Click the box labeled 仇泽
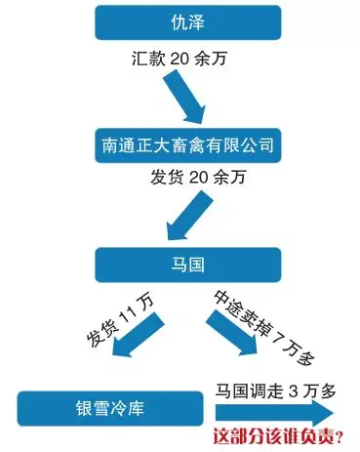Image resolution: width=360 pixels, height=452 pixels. coord(188,22)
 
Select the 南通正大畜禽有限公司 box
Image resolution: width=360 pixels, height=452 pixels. coord(188,145)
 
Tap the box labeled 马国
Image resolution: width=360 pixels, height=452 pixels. coord(188,265)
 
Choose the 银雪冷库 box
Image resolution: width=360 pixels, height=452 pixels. coord(110,409)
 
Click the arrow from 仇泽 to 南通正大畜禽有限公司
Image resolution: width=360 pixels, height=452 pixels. coord(184,98)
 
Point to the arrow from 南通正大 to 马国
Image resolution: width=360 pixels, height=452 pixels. coord(189,215)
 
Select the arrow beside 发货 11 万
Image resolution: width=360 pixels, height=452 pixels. coord(137,335)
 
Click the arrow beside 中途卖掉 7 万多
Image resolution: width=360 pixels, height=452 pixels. coord(231,333)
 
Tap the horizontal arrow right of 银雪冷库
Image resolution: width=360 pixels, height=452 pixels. coord(274,413)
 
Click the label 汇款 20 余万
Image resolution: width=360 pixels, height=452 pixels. coord(179,59)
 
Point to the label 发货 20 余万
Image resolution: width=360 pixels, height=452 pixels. coord(197,178)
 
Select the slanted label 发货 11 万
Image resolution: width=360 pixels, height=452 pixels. coord(121,321)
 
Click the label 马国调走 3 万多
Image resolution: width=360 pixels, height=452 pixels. coord(275,390)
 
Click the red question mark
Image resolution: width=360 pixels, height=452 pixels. coord(340,437)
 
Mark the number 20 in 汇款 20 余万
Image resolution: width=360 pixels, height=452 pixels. coord(179,60)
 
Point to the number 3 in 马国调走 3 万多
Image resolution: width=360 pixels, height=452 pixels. coord(293,391)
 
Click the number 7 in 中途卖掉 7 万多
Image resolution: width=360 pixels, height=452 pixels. coord(276,339)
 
